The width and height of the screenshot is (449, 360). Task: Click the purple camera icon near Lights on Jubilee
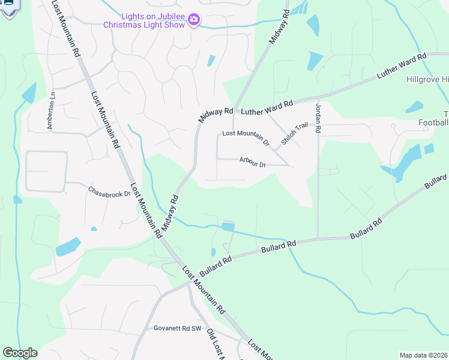pyautogui.click(x=193, y=20)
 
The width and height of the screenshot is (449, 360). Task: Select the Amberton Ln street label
pyautogui.click(x=52, y=110)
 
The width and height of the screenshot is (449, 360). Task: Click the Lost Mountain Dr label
pyautogui.click(x=246, y=138)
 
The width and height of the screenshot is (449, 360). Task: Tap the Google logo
pyautogui.click(x=20, y=353)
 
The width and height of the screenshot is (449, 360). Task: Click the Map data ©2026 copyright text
pyautogui.click(x=423, y=355)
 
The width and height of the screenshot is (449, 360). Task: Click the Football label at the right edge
pyautogui.click(x=433, y=123)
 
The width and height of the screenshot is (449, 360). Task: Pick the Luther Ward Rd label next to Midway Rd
pyautogui.click(x=267, y=108)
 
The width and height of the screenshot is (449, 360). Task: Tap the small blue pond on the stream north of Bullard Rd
pyautogui.click(x=228, y=227)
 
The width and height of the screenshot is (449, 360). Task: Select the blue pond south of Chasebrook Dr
pyautogui.click(x=67, y=247)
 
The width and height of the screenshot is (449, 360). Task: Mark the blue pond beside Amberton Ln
pyautogui.click(x=29, y=93)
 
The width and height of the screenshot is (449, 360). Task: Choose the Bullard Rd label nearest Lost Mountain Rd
pyautogui.click(x=215, y=266)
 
